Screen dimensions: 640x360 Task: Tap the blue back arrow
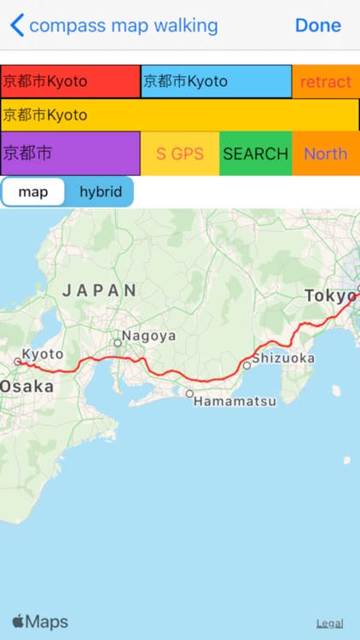pyautogui.click(x=16, y=26)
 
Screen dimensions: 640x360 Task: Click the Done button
pyautogui.click(x=317, y=26)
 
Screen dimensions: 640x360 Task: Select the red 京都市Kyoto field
pyautogui.click(x=70, y=82)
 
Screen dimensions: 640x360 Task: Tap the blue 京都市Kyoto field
pyautogui.click(x=216, y=82)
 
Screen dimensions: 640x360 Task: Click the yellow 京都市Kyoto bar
pyautogui.click(x=179, y=114)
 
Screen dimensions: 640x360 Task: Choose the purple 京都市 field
pyautogui.click(x=70, y=154)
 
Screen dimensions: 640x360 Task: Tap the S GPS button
pyautogui.click(x=179, y=154)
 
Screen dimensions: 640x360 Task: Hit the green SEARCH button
pyautogui.click(x=255, y=154)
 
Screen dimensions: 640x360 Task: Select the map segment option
pyautogui.click(x=33, y=192)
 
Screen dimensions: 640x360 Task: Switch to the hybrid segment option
pyautogui.click(x=101, y=192)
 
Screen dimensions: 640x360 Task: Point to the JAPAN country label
pyautogui.click(x=100, y=290)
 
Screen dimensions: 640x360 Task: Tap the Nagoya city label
pyautogui.click(x=148, y=335)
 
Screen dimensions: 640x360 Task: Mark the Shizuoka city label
pyautogui.click(x=283, y=358)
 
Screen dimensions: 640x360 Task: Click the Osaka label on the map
pyautogui.click(x=26, y=387)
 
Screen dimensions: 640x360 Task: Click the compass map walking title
pyautogui.click(x=123, y=26)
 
